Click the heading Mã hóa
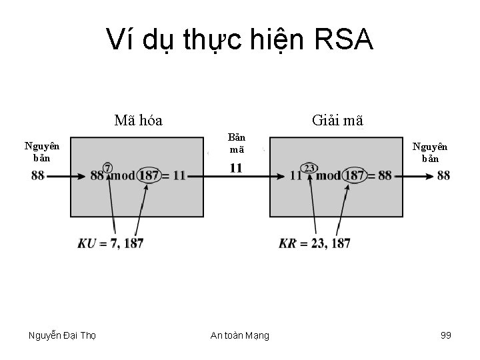(x=139, y=121)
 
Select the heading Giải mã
(x=337, y=121)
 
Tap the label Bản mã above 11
(x=237, y=143)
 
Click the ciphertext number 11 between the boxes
(x=236, y=167)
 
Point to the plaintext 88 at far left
(x=38, y=176)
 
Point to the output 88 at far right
(x=443, y=176)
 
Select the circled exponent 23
(x=309, y=167)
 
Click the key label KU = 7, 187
(x=111, y=243)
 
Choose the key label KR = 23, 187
(x=315, y=243)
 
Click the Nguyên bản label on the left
(x=41, y=151)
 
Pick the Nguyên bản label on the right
(x=430, y=153)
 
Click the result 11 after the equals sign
(x=179, y=176)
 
